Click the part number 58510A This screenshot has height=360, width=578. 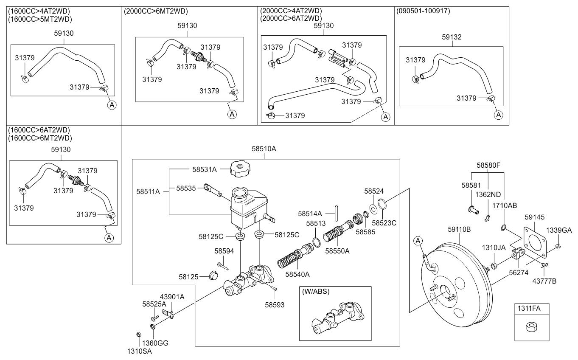coord(264,149)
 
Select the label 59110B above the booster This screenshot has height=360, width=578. coord(459,230)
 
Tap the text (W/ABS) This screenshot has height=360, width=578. coord(315,292)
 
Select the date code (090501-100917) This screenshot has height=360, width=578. coord(423,11)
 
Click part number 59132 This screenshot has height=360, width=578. coord(452,37)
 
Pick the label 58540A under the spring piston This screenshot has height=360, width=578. coord(297,274)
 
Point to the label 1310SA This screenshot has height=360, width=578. coord(140,351)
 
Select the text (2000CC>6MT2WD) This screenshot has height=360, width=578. coord(155,11)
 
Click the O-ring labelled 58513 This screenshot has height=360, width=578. coord(316,242)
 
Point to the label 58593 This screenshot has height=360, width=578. coord(275,304)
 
